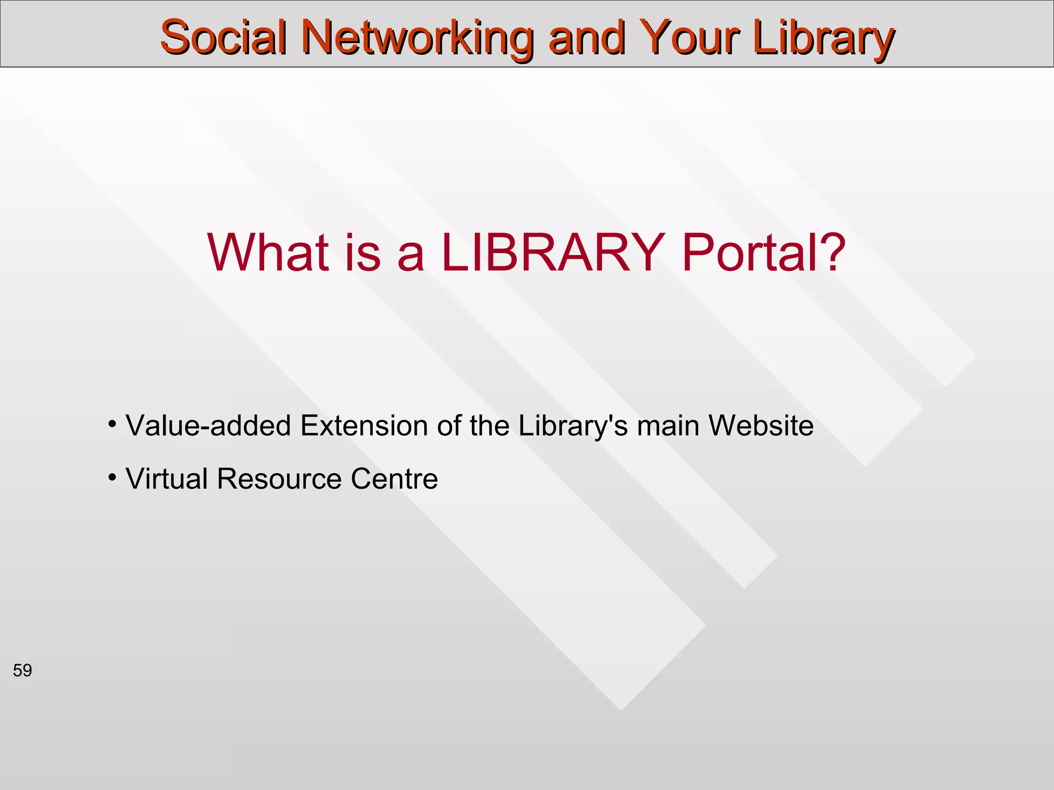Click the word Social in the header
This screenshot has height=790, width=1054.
coord(223,37)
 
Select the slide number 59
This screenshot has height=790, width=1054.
coord(22,671)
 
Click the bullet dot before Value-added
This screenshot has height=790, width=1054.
coord(112,424)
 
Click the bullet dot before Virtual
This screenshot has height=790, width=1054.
coord(112,478)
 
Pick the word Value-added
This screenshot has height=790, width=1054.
coord(208,426)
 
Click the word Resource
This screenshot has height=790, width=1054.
coord(279,479)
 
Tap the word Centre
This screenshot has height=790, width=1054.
coord(394,479)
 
